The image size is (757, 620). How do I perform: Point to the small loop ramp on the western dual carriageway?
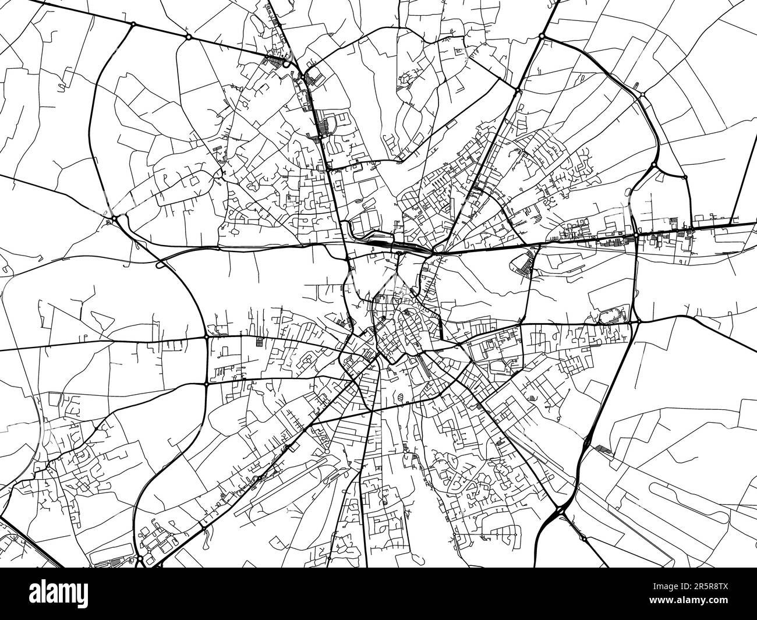point(160,265)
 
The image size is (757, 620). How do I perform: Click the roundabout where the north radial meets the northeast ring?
point(517,90)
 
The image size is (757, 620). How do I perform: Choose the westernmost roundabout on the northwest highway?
point(133,24)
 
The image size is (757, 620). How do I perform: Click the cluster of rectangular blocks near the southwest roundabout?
point(154,538)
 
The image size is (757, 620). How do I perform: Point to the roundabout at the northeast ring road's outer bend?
point(642,94)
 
